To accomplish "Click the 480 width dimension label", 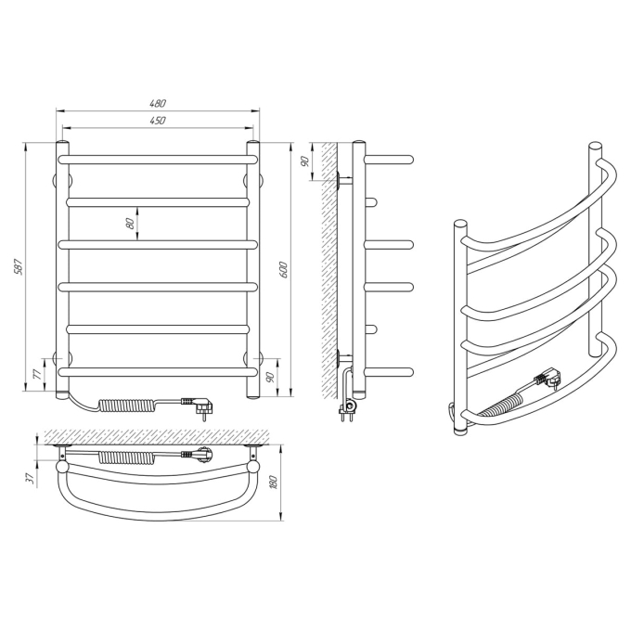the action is pos(158,103).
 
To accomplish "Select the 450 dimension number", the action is pos(158,121).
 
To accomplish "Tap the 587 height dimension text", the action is pos(19,266).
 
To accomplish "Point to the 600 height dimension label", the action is pos(283,270).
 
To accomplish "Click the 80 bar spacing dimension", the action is pos(130,224).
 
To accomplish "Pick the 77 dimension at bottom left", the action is pos(36,374).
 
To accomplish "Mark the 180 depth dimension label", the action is pos(275,483).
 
